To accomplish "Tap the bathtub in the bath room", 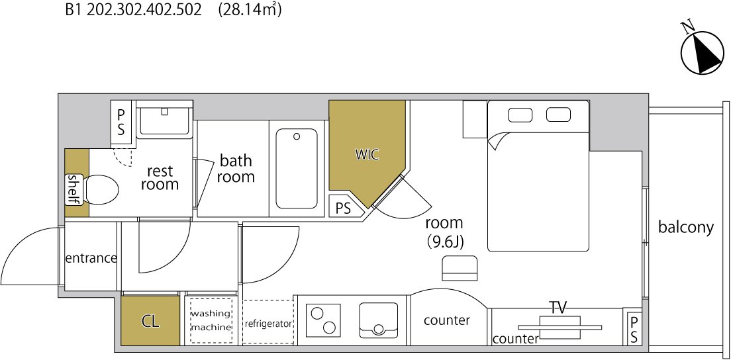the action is click(x=297, y=168).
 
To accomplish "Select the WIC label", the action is click(x=367, y=155).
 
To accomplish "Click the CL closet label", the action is click(x=150, y=321).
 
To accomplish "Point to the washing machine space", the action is click(x=211, y=320).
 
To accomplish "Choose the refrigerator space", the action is click(x=269, y=322).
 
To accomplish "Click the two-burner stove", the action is click(x=324, y=320).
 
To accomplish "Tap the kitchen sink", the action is click(x=379, y=320).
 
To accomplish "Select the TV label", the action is click(x=558, y=308).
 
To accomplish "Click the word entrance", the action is click(x=91, y=257).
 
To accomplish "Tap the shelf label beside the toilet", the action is click(x=74, y=189).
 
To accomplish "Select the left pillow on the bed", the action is click(x=520, y=114).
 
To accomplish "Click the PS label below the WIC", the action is click(x=343, y=208).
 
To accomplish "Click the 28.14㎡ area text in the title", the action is click(x=250, y=10).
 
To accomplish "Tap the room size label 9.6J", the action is click(x=445, y=242).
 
